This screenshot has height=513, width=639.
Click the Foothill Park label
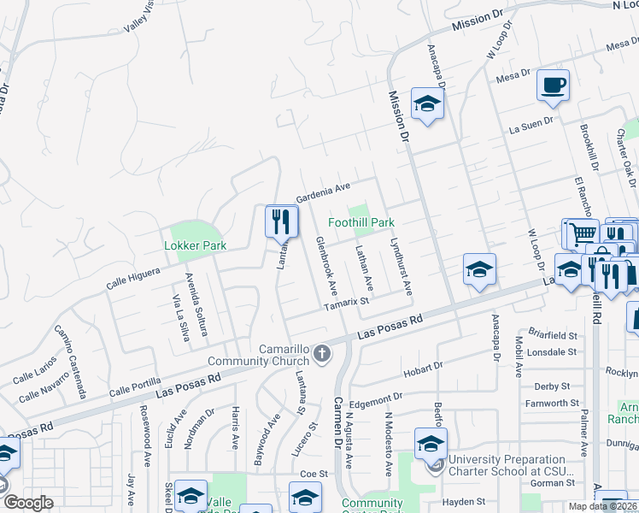361,222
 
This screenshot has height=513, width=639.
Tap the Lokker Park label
195,245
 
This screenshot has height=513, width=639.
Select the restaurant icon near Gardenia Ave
281,222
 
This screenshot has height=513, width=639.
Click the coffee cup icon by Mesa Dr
553,85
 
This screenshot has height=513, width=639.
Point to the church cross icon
322,353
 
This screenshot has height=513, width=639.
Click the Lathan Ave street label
365,267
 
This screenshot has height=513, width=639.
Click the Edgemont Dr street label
376,398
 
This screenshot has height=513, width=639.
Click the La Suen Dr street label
531,127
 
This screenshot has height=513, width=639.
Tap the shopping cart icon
583,232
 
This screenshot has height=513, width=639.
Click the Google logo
27,503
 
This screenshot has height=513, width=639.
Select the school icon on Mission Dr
426,105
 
